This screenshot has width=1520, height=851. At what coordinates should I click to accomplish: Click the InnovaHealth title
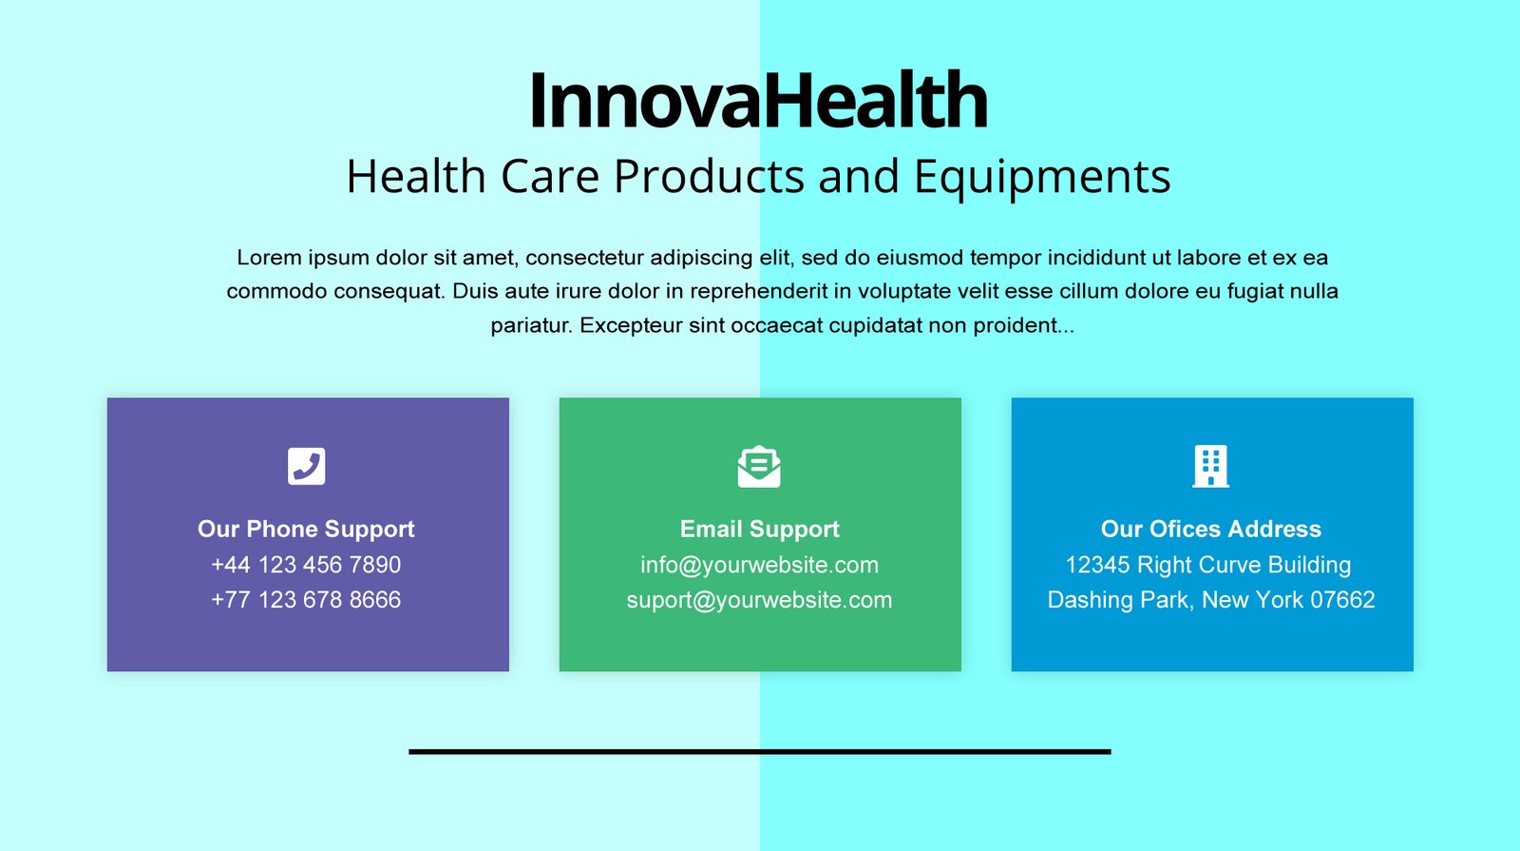point(759,101)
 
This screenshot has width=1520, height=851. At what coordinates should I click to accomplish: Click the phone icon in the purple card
point(306,466)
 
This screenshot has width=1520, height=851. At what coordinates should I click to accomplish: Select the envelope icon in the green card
point(759,467)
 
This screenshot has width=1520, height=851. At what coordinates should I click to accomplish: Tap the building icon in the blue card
point(1210,467)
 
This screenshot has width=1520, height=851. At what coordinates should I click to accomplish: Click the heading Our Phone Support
point(306,529)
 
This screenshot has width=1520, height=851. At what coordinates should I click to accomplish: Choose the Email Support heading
point(759,529)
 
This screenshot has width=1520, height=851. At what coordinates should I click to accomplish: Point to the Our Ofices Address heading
point(1210,529)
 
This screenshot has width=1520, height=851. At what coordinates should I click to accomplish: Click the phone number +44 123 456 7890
point(306,565)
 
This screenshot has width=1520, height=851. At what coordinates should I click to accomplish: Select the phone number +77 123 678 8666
point(306,600)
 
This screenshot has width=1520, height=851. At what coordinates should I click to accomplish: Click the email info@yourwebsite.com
point(759,565)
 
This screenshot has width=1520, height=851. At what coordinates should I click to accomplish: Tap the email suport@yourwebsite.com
point(759,600)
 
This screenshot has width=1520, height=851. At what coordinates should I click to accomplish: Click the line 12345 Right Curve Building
point(1207,565)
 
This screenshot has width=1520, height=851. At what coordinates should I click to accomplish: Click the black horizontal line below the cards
point(759,752)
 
